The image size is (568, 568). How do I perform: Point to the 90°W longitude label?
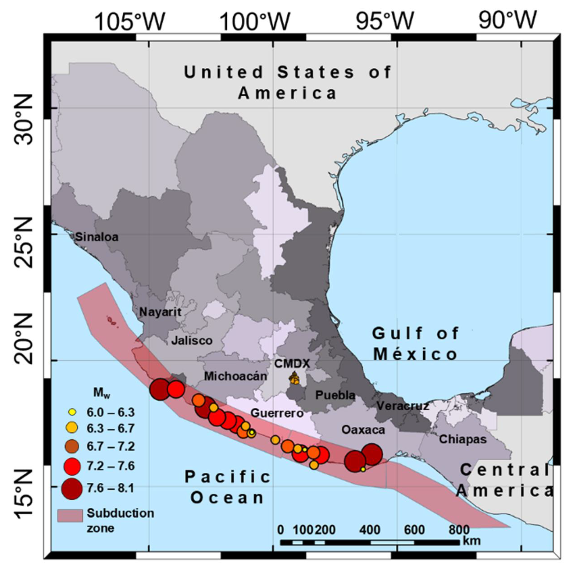pos(507,21)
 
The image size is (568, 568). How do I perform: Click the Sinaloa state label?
pos(97,237)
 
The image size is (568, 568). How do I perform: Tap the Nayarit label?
pos(160,312)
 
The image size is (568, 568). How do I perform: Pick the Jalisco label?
pos(192,340)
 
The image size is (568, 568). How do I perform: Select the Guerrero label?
pos(277,413)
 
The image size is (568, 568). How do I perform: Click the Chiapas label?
pos(463,439)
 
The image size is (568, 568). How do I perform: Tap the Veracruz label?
pos(403,406)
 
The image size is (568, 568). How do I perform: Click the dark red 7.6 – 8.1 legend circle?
pos(72,489)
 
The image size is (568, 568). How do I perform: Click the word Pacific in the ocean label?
pos(228,477)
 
